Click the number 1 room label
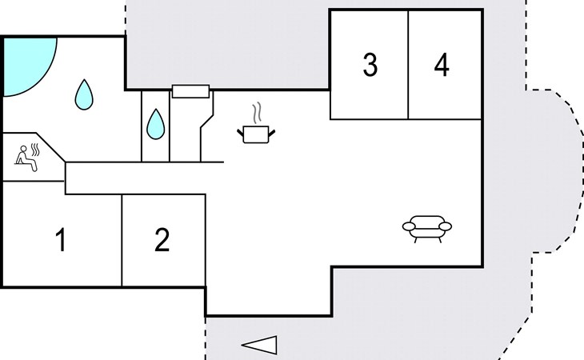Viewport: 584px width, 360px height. click(x=61, y=240)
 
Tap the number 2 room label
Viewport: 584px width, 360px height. click(x=162, y=240)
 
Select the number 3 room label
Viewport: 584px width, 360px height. click(x=370, y=65)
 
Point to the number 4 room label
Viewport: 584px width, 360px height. click(x=442, y=65)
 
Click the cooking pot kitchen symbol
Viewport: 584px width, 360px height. click(x=256, y=134)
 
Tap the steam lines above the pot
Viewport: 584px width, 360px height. click(x=256, y=113)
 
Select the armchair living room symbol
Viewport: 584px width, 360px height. click(x=427, y=229)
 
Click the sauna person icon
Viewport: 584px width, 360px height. click(x=26, y=158)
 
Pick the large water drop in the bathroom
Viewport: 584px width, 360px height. click(x=84, y=94)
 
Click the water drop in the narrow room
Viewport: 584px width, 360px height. click(x=156, y=124)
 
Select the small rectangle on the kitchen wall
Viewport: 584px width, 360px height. click(x=190, y=91)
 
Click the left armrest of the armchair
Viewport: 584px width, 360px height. click(x=409, y=226)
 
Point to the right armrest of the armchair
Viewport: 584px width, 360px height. click(x=446, y=226)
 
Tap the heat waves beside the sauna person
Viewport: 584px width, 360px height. click(x=35, y=150)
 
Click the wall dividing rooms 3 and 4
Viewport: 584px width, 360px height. click(x=408, y=65)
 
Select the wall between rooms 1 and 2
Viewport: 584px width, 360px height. click(x=122, y=241)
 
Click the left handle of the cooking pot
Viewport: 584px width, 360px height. click(x=240, y=132)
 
